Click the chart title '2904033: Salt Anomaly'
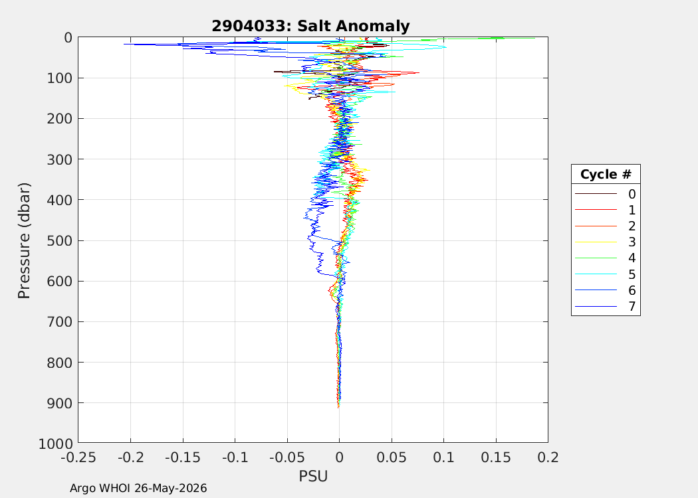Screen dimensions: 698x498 click(310, 26)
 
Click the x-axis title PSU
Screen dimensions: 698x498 click(313, 476)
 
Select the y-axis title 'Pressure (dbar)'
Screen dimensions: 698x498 click(24, 240)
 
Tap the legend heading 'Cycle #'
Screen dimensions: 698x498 click(606, 174)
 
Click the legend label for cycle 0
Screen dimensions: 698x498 click(632, 194)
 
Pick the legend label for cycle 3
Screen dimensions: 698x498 click(632, 242)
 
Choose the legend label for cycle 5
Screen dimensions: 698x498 click(632, 274)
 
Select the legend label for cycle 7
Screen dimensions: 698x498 click(632, 306)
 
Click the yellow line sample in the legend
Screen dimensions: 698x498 click(596, 242)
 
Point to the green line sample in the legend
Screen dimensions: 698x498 click(596, 258)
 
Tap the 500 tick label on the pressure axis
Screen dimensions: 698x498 click(60, 240)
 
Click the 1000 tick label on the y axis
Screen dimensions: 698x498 click(56, 444)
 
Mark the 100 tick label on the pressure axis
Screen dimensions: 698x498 click(60, 78)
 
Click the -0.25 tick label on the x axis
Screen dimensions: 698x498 click(78, 457)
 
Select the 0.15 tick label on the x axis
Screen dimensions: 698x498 click(496, 457)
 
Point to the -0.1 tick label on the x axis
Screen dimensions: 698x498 click(235, 457)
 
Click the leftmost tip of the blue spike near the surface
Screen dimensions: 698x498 click(124, 44)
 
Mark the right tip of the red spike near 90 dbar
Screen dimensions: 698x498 click(419, 72)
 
